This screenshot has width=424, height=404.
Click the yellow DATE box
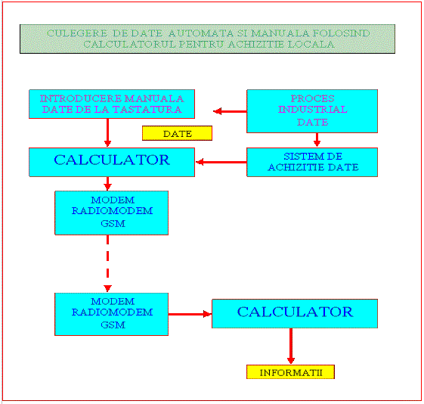177,133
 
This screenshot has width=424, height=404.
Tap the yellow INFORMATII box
290,372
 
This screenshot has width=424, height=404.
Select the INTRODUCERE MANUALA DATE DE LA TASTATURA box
112,104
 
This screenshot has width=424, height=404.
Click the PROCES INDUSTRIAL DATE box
312,111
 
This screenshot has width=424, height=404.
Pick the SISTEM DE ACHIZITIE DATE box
312,162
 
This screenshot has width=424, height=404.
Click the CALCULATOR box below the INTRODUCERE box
112,162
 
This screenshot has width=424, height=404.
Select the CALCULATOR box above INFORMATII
295,313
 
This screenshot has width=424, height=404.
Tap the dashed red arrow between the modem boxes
107,263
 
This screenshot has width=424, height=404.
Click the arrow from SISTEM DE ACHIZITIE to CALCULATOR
221,162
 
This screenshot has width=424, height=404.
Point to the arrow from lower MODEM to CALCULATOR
190,314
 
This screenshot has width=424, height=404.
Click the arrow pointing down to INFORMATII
291,346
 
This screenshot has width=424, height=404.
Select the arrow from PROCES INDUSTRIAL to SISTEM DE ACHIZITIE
317,140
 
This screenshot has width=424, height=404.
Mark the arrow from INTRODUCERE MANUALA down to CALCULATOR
107,132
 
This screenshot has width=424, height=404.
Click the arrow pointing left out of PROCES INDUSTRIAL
230,111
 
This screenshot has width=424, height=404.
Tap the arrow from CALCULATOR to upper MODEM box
107,184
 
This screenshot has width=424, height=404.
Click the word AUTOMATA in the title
201,33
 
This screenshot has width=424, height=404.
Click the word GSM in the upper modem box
113,223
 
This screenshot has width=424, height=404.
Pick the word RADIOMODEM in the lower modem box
112,312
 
